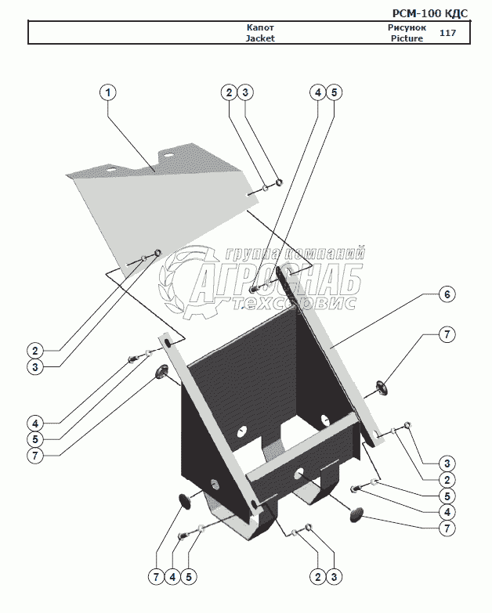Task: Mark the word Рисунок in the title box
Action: click(407, 27)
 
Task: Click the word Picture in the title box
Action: click(407, 38)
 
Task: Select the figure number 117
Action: click(448, 33)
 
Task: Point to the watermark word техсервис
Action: click(278, 304)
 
